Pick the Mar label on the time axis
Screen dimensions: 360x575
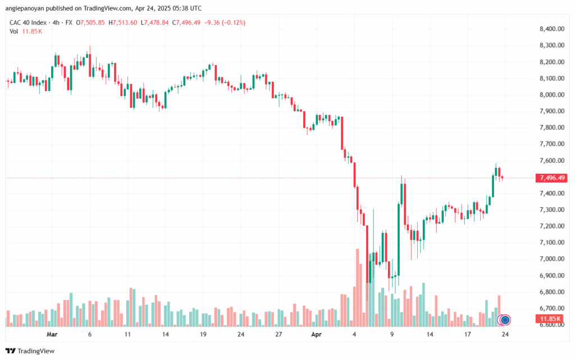point(52,334)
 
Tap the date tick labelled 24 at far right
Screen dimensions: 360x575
point(505,334)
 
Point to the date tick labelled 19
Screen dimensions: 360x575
point(204,334)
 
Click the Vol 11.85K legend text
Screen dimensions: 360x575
point(26,31)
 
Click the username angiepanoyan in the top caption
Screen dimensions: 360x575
point(27,8)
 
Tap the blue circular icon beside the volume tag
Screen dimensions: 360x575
point(505,320)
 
